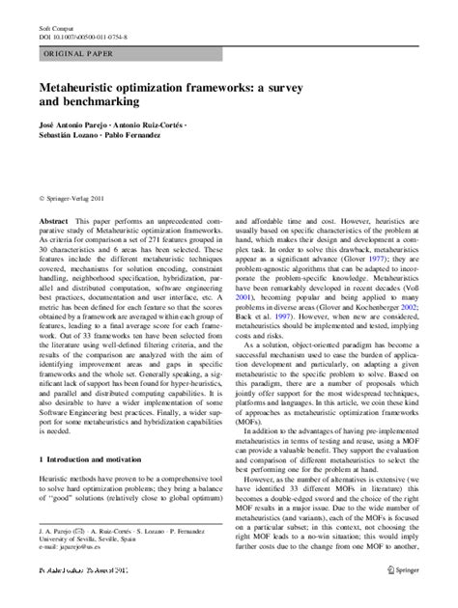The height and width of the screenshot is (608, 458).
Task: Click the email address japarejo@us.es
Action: [72, 573]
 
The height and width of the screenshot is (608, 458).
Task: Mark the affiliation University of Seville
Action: [65, 565]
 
